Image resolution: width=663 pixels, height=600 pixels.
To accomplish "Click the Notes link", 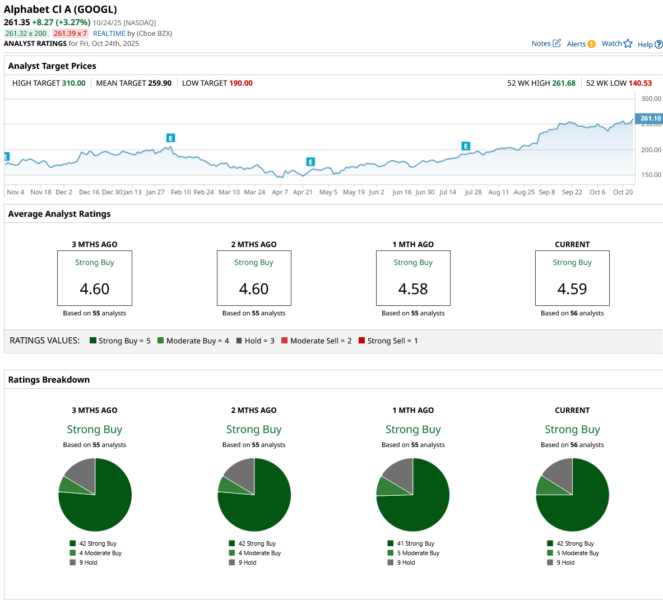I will [545, 44].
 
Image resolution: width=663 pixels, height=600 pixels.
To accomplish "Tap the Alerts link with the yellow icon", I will [581, 44].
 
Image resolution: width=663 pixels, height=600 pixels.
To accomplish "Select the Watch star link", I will [616, 44].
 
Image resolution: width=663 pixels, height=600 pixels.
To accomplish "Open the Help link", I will [650, 45].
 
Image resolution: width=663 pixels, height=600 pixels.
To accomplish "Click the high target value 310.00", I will [74, 83].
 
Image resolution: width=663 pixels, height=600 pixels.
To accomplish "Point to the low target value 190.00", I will [241, 83].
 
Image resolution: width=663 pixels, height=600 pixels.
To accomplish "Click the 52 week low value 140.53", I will [640, 83].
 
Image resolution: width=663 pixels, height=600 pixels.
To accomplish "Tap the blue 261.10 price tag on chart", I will [650, 119].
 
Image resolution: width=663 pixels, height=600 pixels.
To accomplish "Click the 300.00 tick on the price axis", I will [651, 99].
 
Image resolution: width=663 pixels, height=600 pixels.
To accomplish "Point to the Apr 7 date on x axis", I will [280, 192].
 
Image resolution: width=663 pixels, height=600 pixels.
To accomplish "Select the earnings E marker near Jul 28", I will [466, 146].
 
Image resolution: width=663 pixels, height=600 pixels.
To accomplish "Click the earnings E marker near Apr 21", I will [310, 162].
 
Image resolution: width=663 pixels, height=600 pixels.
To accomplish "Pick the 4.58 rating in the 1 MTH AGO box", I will [413, 289].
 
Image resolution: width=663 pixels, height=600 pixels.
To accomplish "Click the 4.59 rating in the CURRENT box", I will [572, 289].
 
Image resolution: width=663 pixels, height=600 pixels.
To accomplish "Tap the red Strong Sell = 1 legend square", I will [362, 341].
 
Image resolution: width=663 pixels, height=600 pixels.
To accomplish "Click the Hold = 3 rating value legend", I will [256, 341].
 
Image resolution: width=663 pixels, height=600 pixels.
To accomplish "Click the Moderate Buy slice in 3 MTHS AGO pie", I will [70, 485].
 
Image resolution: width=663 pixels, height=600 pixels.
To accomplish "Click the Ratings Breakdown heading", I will [49, 380].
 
